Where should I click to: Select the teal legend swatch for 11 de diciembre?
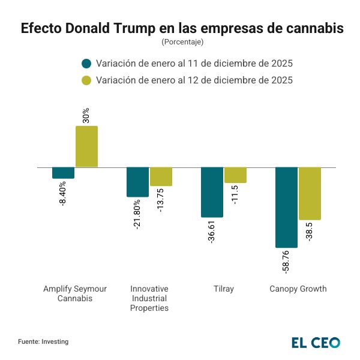pos(86,64)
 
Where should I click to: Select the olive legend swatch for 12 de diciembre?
pos(86,80)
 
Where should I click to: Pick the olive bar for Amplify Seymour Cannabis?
pos(86,146)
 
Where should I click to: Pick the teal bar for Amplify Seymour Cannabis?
pos(63,173)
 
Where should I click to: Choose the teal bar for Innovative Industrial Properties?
pos(137,182)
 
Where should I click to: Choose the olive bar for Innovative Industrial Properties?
pos(161,176)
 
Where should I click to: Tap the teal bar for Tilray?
pos(212,192)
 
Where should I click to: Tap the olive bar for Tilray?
pos(235,175)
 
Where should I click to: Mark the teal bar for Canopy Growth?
pos(286,207)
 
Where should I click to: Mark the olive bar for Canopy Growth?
pos(310,193)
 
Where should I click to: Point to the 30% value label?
pos(86,115)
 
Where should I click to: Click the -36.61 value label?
pos(212,231)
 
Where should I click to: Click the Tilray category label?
pos(223,289)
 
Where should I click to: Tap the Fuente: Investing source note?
pos(43,341)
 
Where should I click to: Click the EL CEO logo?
pos(316,342)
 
